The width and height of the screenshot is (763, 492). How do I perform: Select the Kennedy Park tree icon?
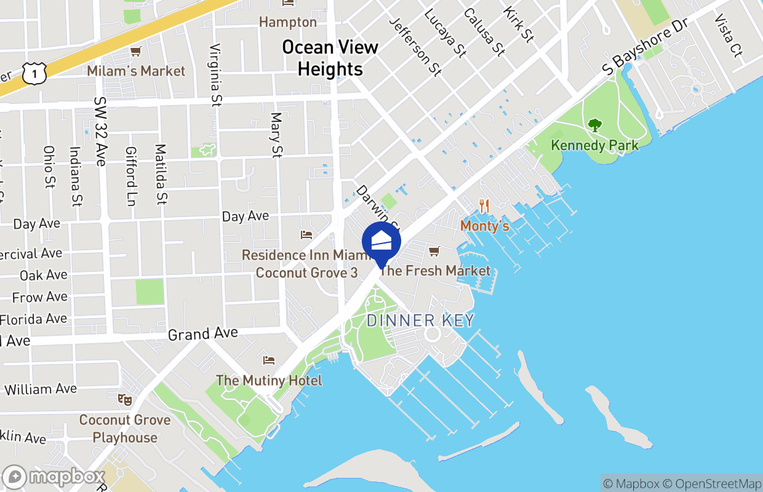click(x=594, y=125)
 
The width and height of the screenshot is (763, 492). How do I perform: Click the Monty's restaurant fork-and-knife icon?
click(x=485, y=207)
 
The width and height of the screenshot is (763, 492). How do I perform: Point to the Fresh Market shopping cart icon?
click(x=434, y=251)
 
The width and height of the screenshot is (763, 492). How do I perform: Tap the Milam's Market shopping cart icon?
click(x=135, y=52)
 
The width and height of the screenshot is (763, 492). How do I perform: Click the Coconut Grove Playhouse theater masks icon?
click(x=125, y=400)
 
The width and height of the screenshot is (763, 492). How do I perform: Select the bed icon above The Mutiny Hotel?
click(x=268, y=360)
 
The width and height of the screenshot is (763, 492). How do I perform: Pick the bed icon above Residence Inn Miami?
click(x=306, y=235)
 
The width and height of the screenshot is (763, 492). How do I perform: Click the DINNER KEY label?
click(x=421, y=320)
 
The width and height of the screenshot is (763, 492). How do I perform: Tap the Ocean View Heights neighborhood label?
click(x=330, y=58)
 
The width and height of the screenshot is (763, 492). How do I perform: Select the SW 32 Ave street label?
click(x=100, y=131)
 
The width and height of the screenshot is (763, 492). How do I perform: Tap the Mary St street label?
click(x=276, y=135)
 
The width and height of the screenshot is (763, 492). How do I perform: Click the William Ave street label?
click(x=41, y=389)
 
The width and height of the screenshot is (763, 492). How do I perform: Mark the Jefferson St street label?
click(x=415, y=46)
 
